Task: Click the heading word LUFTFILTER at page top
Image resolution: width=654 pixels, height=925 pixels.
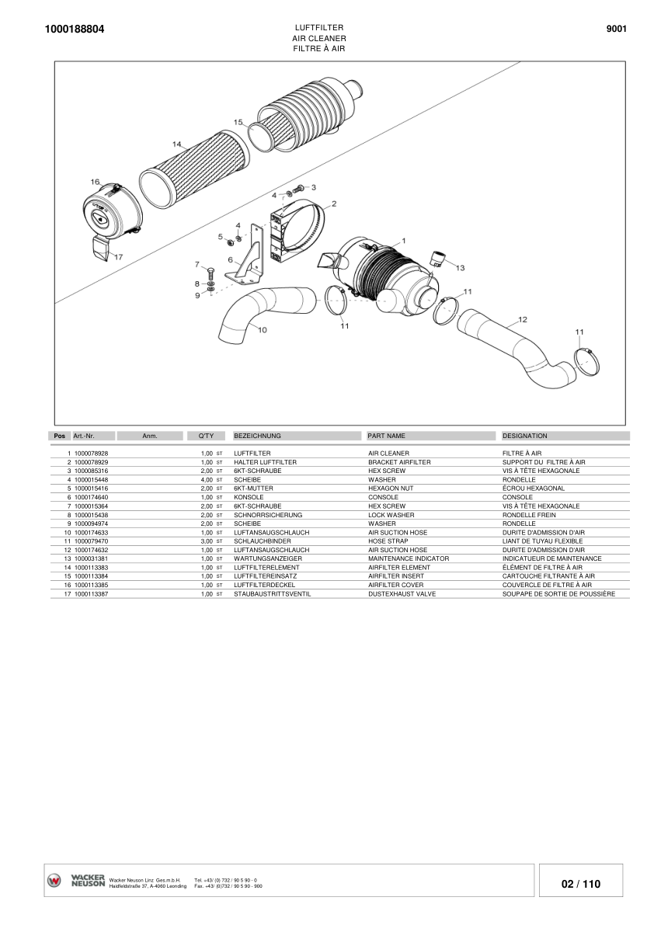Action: point(319,27)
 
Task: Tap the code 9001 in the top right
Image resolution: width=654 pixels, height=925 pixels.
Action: point(616,29)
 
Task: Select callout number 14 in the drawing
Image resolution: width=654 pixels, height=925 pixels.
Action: point(177,144)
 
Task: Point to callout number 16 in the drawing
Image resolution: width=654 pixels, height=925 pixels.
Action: point(95,182)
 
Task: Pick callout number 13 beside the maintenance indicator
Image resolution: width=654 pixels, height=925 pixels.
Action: point(460,268)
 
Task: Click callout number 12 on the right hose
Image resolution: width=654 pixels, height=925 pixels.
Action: point(523,319)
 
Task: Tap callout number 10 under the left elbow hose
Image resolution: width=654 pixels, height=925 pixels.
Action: point(262,330)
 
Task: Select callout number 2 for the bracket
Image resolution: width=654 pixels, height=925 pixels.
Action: point(333,204)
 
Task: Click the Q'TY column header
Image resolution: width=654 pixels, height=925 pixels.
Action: point(206,436)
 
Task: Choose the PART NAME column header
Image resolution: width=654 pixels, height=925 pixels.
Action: point(386,436)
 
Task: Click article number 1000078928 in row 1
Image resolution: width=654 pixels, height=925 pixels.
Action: point(92,453)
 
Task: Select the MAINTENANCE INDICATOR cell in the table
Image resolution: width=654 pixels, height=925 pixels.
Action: point(409,558)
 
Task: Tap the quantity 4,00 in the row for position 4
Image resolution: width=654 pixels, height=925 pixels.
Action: point(207,480)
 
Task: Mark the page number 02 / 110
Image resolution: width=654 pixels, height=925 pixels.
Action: point(580,884)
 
